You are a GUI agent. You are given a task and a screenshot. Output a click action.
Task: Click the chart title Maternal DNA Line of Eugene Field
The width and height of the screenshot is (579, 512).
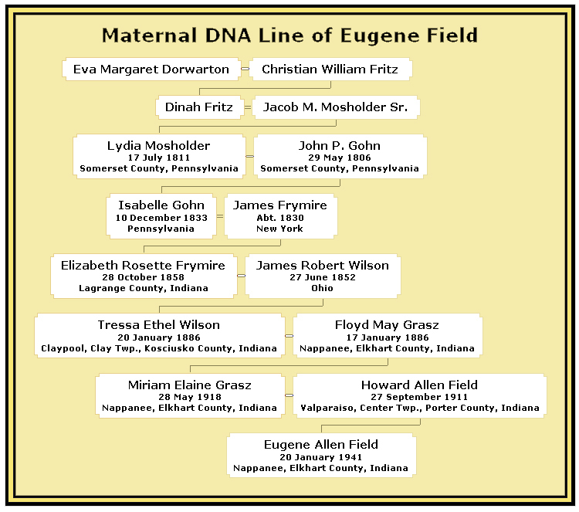289,36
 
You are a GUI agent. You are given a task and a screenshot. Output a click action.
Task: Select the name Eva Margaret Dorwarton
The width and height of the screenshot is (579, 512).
151,69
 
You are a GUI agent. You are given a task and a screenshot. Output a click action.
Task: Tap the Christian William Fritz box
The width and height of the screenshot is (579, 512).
330,69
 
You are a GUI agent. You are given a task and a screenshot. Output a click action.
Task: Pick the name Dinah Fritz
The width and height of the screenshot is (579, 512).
198,107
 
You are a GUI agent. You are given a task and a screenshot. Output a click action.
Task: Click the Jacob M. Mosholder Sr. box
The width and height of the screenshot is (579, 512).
336,107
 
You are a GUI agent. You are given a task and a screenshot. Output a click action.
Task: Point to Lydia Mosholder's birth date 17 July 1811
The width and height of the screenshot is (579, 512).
159,158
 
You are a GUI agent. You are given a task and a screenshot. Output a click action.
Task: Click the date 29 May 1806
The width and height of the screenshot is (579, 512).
340,158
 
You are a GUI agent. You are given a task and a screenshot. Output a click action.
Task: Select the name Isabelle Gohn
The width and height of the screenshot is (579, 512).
161,205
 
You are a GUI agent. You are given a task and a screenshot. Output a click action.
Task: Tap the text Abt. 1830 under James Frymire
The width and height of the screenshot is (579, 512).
280,218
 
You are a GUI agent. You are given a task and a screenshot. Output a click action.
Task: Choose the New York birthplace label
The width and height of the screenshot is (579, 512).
279,229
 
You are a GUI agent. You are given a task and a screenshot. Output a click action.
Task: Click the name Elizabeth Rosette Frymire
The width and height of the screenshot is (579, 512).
143,265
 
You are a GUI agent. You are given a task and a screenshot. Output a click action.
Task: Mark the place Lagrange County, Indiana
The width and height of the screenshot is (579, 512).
144,288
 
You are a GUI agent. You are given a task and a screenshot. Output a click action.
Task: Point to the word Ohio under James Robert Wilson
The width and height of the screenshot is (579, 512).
322,288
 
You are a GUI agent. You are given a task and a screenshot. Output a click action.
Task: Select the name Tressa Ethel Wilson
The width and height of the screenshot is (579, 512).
159,325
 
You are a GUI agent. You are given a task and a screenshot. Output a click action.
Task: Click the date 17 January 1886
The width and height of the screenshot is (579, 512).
388,337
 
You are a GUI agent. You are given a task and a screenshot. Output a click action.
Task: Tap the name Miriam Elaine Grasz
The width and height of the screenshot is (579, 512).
189,385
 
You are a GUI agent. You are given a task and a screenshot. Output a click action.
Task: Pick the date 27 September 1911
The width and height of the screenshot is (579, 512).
419,397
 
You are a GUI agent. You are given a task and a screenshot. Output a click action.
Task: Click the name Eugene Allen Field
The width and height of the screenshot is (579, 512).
321,445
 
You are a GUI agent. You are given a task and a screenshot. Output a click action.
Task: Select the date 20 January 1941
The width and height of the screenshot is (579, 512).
321,457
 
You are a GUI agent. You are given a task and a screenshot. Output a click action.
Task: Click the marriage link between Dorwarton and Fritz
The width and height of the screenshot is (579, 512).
245,69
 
